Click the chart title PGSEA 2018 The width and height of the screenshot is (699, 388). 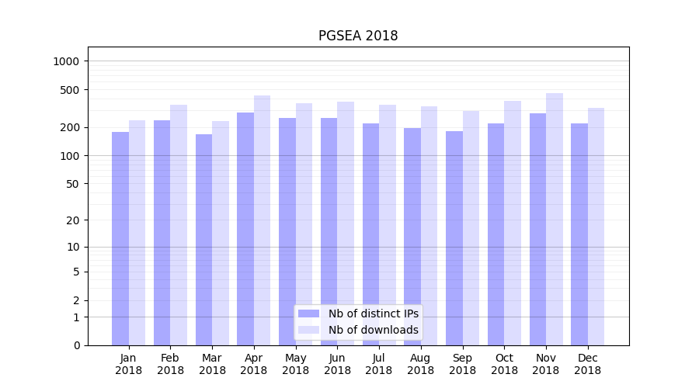[x=358, y=36]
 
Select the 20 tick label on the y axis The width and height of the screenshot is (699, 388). [x=72, y=220]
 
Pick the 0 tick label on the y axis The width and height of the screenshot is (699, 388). [x=76, y=345]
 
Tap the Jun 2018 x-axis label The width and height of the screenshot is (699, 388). [x=337, y=364]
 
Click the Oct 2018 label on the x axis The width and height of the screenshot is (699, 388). [x=504, y=364]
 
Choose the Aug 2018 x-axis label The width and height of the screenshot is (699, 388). [x=421, y=364]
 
